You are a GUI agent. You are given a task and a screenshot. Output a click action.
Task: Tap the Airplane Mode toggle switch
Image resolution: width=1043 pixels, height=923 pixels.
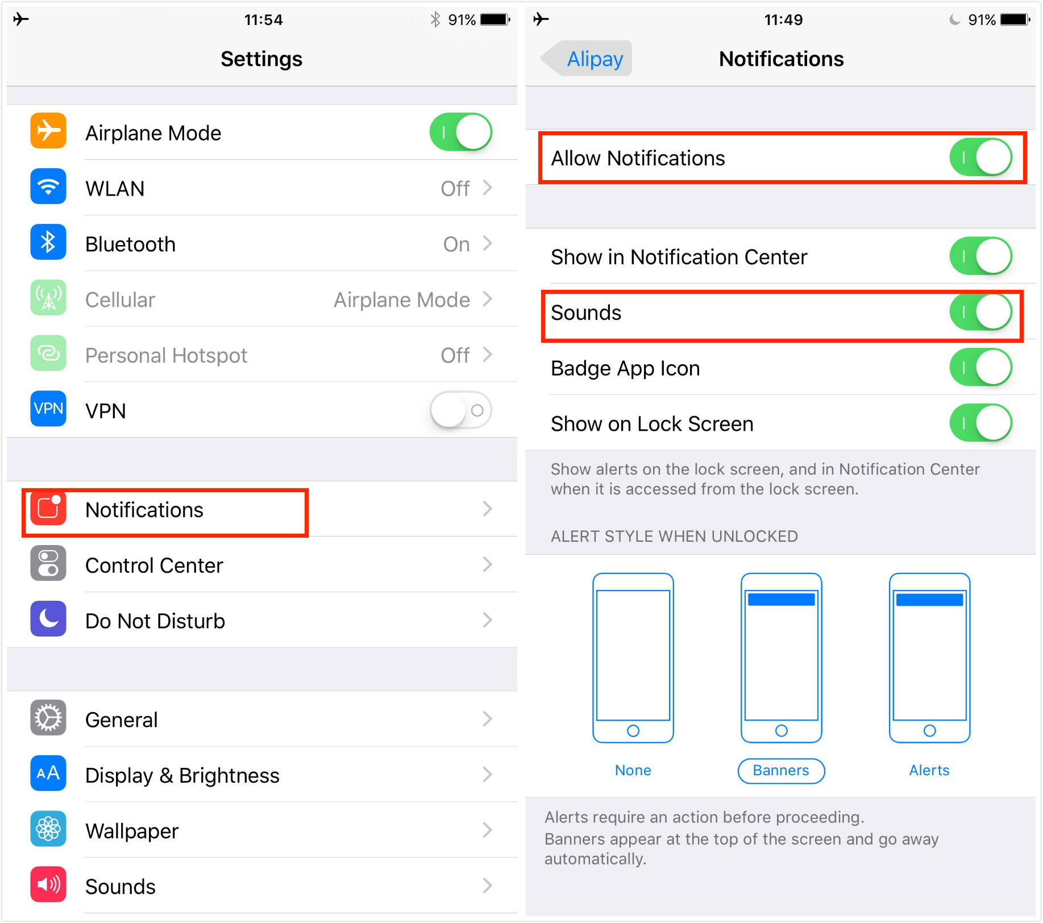(x=460, y=132)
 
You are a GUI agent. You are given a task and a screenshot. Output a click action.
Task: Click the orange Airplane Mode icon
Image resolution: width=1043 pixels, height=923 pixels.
(x=48, y=131)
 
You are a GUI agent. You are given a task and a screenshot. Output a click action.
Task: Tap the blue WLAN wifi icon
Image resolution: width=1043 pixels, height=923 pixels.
(x=48, y=186)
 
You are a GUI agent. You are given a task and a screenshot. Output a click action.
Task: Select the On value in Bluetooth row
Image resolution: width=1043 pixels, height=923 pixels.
(x=456, y=244)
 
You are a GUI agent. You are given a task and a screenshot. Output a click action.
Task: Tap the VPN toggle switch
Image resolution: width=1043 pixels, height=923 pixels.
(x=460, y=410)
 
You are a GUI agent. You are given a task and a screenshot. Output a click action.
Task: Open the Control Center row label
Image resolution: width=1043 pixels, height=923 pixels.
(x=154, y=566)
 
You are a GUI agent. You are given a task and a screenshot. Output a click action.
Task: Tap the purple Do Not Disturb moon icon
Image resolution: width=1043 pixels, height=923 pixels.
(x=48, y=619)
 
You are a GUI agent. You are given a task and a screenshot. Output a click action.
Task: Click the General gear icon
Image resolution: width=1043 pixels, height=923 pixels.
(x=48, y=718)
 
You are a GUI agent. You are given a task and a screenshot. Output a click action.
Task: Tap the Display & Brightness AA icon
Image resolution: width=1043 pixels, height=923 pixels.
(x=48, y=774)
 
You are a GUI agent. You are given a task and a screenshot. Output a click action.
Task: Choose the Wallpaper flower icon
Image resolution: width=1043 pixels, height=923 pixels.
(x=48, y=829)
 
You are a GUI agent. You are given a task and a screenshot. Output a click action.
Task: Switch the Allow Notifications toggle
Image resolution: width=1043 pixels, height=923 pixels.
(x=980, y=157)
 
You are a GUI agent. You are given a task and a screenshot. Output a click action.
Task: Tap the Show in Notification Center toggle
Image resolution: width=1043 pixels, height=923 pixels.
(x=980, y=256)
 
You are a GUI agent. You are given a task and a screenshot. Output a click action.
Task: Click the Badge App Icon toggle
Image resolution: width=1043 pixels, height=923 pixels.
(x=980, y=368)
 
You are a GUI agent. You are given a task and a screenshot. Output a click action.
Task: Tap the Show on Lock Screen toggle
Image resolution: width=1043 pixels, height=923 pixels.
(x=980, y=423)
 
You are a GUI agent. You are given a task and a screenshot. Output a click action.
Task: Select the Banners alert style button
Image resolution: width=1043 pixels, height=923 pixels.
(x=781, y=771)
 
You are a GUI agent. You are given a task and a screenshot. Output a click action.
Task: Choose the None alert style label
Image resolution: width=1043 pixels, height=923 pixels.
(x=633, y=771)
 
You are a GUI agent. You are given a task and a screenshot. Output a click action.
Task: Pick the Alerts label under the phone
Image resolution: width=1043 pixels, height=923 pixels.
(x=929, y=771)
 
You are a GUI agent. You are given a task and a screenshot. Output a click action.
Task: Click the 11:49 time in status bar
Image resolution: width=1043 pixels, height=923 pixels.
(x=783, y=20)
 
